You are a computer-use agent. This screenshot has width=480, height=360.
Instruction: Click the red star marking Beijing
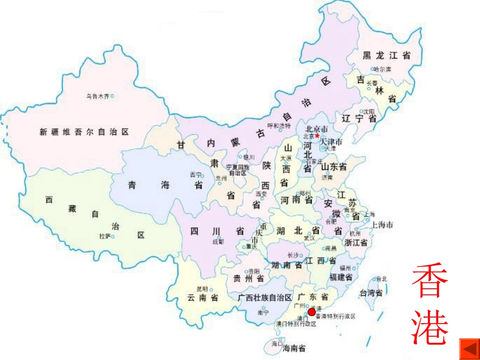[317, 136]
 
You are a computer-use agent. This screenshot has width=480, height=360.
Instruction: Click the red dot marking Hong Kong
[312, 312]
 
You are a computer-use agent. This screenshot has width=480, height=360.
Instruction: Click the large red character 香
[430, 282]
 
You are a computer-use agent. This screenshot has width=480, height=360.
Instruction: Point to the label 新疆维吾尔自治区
[84, 132]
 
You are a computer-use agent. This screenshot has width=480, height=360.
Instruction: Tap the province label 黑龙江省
[387, 56]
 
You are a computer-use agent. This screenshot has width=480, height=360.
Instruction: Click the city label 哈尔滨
[382, 69]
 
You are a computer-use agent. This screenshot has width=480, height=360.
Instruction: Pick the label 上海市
[382, 225]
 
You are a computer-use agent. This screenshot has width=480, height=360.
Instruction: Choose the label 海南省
[294, 348]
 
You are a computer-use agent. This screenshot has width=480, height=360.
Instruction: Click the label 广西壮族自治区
[265, 297]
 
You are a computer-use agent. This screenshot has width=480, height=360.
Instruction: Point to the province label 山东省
[334, 167]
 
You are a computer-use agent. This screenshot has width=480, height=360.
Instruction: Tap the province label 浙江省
[355, 242]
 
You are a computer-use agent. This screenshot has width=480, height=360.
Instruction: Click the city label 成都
[218, 242]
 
